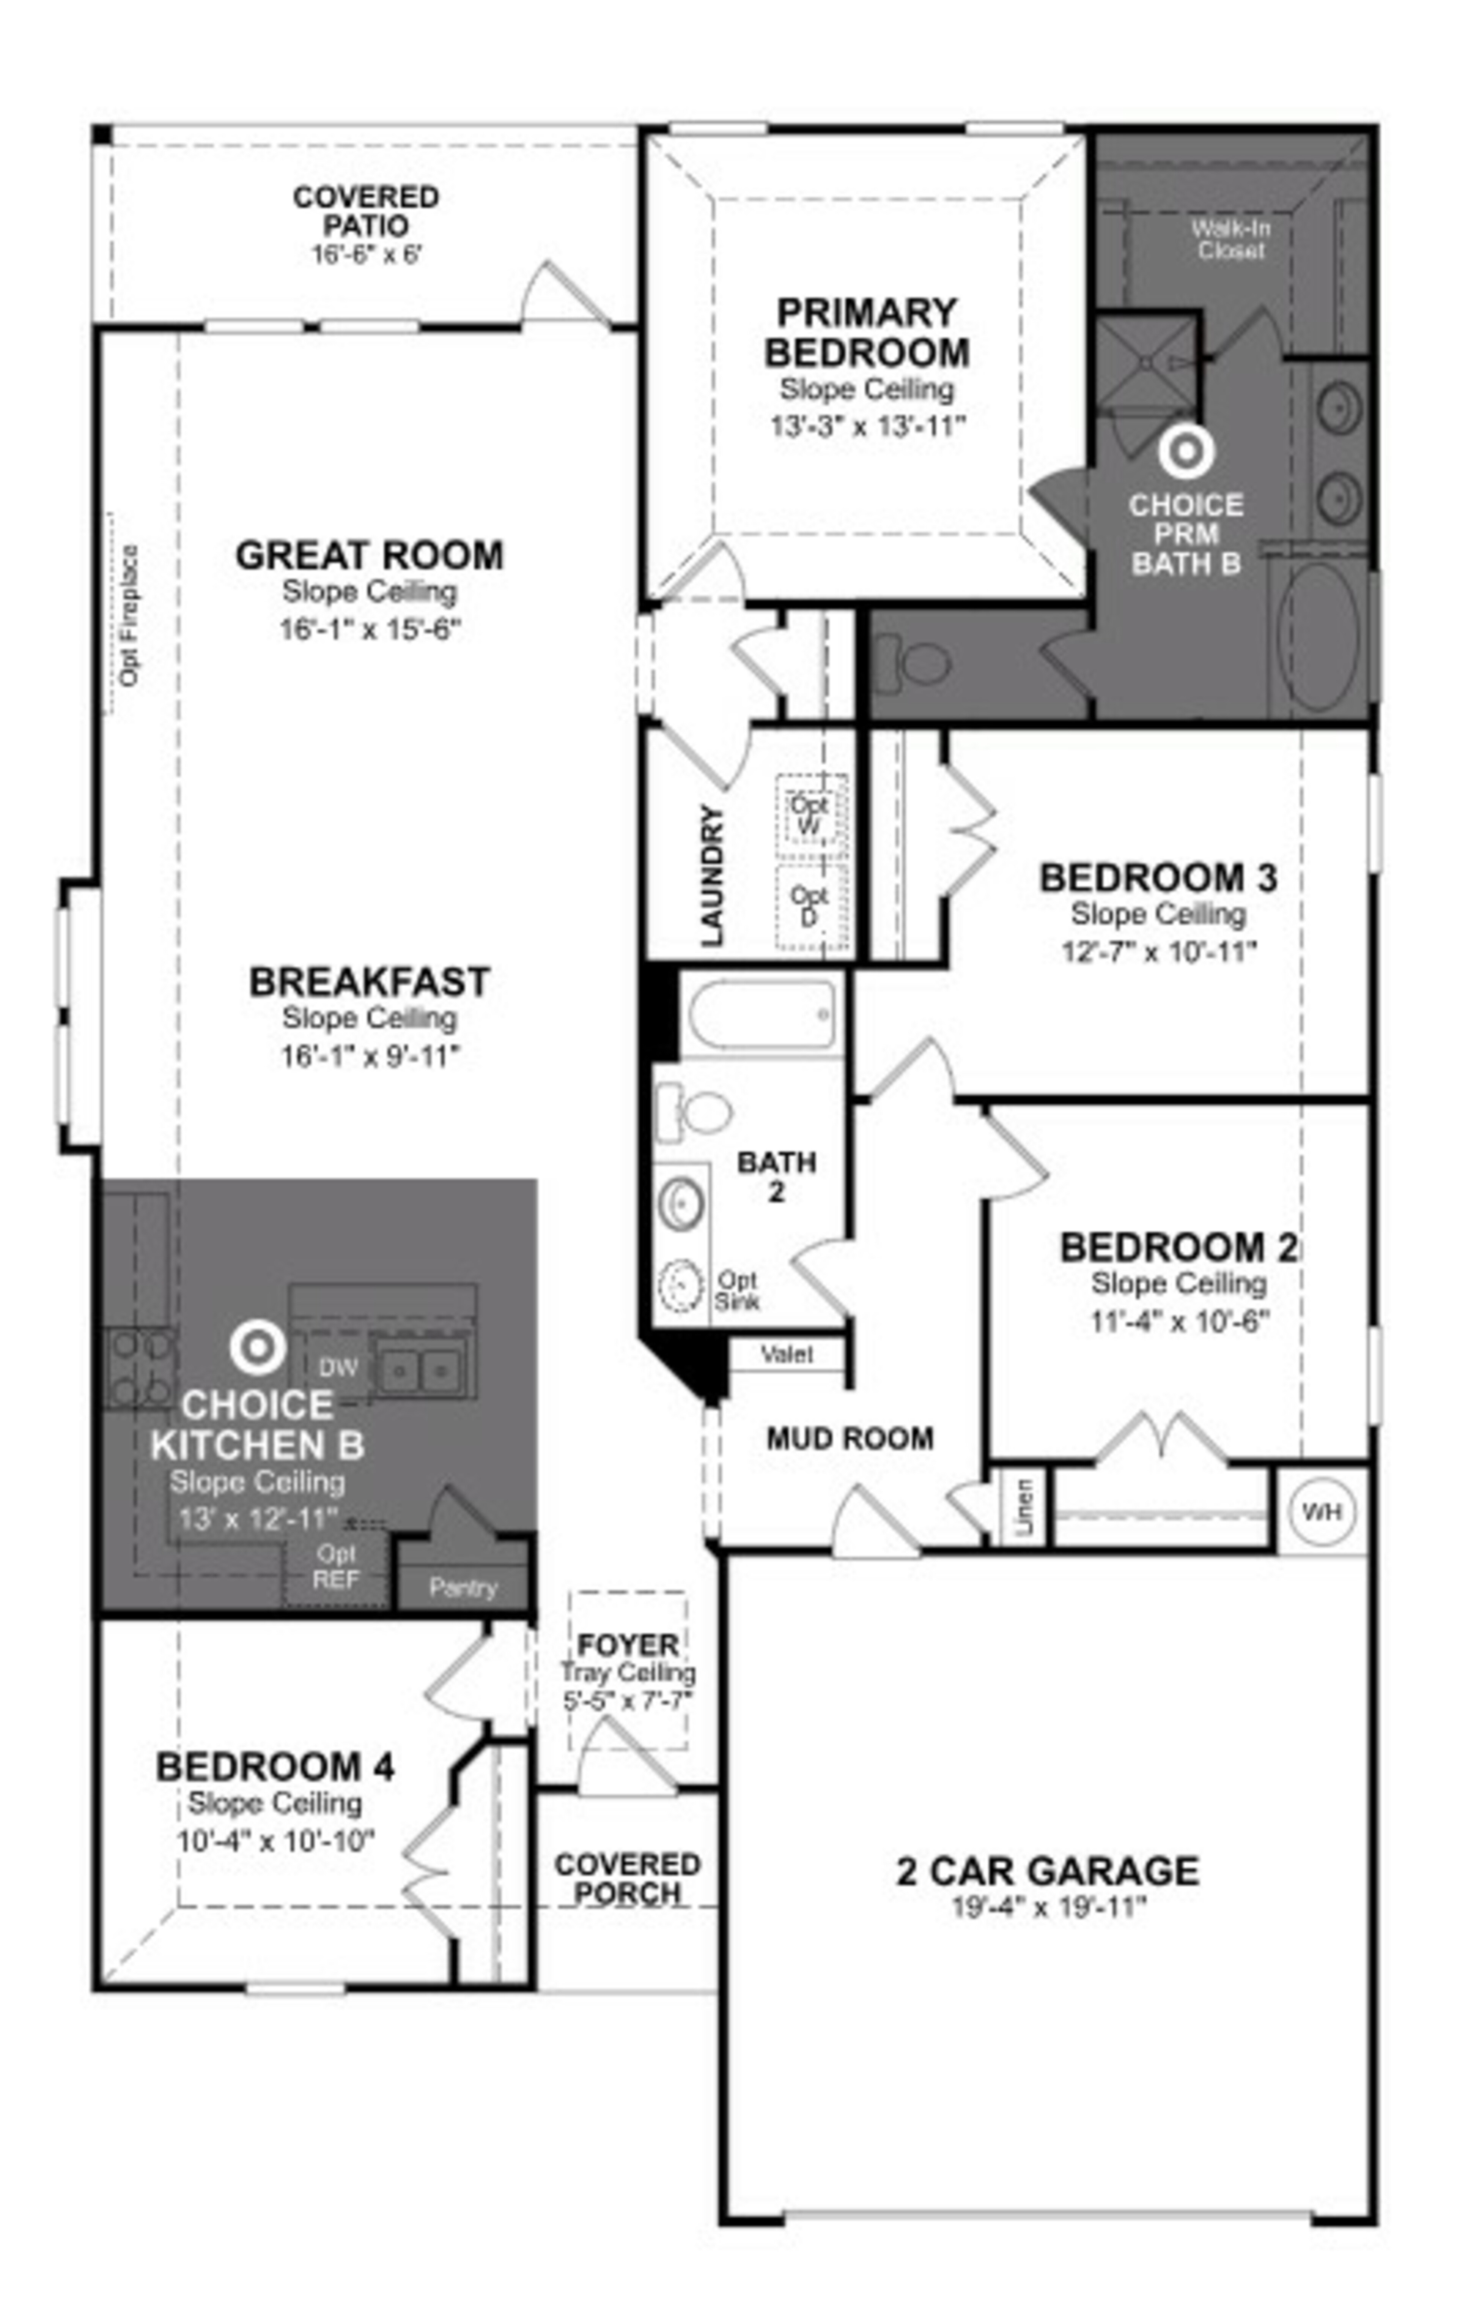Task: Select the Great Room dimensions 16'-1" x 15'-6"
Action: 370,629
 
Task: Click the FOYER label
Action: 628,1645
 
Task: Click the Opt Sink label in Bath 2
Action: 737,1290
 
